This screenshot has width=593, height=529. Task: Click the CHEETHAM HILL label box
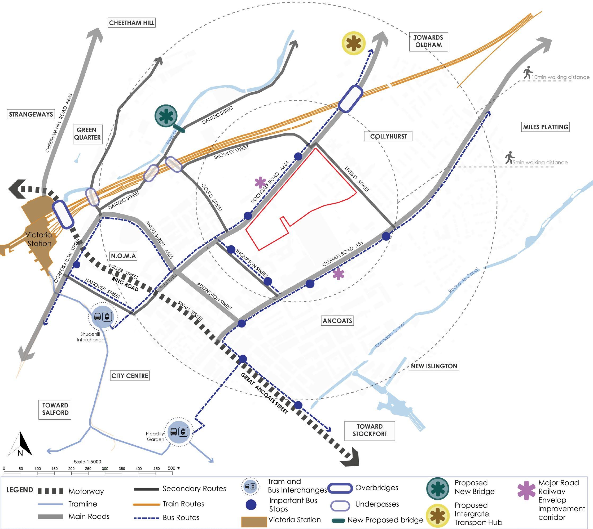coord(131,23)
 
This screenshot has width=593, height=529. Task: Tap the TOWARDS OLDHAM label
coord(428,41)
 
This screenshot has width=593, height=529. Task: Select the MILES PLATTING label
coord(546,127)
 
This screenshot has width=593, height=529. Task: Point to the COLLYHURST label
coord(388,136)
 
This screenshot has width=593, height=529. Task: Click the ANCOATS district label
coord(337,321)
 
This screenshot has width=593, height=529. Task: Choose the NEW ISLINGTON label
coord(434,366)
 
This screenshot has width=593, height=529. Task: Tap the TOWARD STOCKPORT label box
coord(370,430)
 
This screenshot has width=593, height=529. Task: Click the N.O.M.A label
coord(124,256)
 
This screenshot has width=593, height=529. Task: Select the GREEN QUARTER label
coord(87,134)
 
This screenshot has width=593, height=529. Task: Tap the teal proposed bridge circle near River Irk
coord(166,115)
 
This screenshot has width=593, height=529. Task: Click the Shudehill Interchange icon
coord(102,317)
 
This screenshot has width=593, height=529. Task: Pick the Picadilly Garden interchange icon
coord(178,432)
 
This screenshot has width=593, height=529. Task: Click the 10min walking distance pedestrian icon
coord(527,73)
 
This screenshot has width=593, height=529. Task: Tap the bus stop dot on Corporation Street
coord(77,265)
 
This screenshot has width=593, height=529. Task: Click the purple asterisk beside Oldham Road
coord(338,274)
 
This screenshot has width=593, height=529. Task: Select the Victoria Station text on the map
coord(39,239)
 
